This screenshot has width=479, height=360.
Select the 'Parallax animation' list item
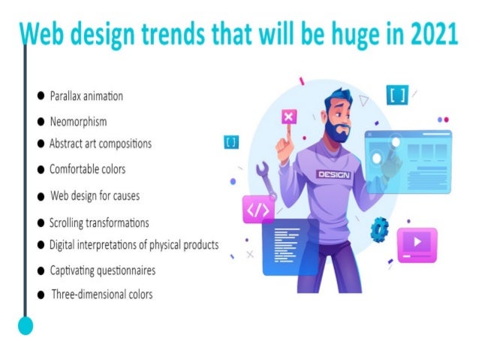pos(86,96)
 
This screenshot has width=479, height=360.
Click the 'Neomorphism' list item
pos(78,121)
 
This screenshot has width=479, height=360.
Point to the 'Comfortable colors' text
pos(87,169)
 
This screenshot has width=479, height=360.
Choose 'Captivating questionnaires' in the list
pos(102,270)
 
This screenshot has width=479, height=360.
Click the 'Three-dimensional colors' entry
pos(101,295)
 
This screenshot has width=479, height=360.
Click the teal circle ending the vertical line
pos(26,325)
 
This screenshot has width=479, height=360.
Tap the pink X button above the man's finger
pos(289,116)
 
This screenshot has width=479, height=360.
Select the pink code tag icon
pos(258,210)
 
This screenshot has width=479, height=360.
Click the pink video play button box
pos(416,244)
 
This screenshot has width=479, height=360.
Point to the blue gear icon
pos(381,228)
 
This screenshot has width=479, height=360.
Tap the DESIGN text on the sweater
pos(333,174)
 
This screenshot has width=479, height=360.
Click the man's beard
pos(339,133)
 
